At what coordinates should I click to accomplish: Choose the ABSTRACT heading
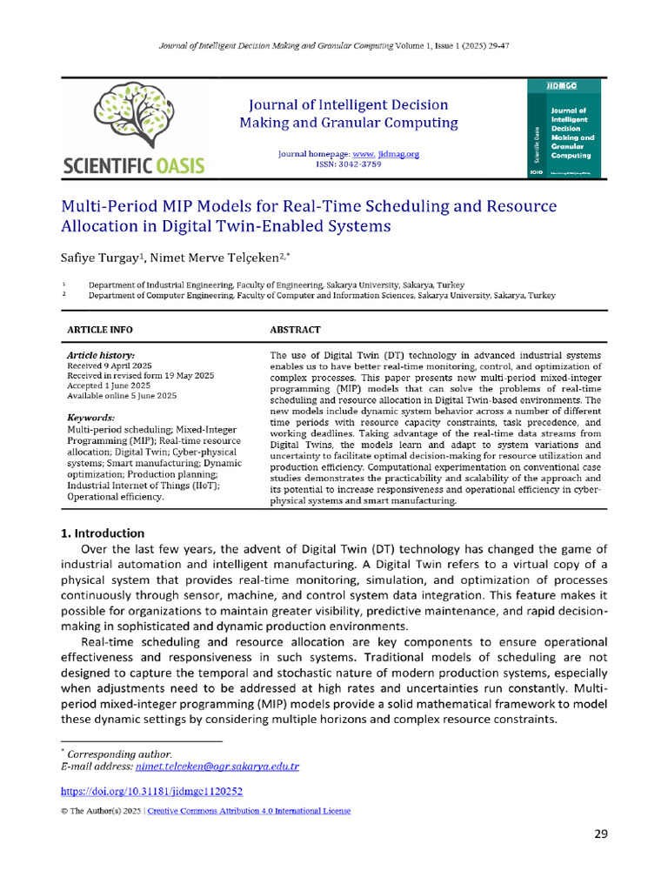(x=295, y=330)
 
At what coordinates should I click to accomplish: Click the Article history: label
(x=100, y=356)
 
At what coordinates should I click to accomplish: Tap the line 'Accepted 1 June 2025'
(x=109, y=385)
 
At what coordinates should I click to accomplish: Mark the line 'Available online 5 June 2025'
(x=122, y=396)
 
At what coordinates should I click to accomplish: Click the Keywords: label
(x=90, y=418)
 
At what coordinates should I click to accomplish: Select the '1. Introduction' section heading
(x=103, y=533)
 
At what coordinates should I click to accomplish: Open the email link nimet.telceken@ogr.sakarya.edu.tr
(x=217, y=767)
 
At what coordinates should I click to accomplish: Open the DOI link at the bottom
(x=150, y=792)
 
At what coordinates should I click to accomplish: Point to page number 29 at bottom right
(x=600, y=834)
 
